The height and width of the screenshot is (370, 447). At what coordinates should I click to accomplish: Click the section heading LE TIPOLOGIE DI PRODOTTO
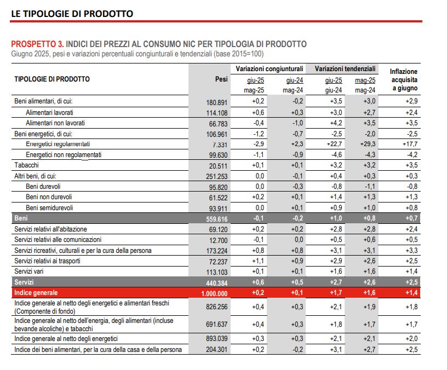[x=72, y=13]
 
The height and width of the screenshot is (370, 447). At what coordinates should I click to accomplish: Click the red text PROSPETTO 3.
[x=37, y=44]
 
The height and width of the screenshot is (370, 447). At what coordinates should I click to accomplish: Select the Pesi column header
[x=221, y=79]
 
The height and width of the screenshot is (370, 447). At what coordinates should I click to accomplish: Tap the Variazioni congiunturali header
[x=270, y=70]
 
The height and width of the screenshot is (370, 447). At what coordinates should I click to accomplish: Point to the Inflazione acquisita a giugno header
[x=403, y=79]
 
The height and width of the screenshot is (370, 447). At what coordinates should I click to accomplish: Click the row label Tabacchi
[x=26, y=165]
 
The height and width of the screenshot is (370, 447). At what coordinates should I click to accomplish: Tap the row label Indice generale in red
[x=36, y=293]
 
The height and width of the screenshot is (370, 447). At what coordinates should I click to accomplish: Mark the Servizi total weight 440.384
[x=216, y=282]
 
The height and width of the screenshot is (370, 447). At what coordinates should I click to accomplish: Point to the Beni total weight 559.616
[x=216, y=218]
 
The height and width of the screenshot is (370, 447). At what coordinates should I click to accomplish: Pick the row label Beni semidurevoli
[x=49, y=207]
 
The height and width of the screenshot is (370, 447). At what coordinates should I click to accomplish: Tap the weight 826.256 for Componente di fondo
[x=216, y=308]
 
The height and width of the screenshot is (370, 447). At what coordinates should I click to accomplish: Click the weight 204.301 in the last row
[x=216, y=350]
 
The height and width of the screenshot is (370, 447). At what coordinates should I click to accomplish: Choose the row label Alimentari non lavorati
[x=55, y=123]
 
